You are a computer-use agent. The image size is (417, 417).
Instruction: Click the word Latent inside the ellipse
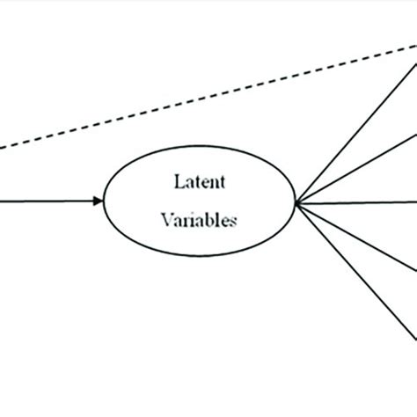click(x=199, y=182)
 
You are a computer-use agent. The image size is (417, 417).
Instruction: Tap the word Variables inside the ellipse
click(x=199, y=221)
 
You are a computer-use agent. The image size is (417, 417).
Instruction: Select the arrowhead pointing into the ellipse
click(x=98, y=201)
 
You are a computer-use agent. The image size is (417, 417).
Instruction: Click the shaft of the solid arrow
click(x=44, y=201)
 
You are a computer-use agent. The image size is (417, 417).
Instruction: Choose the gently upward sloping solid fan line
click(x=356, y=167)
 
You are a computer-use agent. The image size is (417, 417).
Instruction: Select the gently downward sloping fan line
click(x=356, y=237)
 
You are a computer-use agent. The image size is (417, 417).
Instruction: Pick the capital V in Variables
click(x=167, y=221)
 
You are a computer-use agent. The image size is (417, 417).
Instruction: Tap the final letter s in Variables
click(x=232, y=222)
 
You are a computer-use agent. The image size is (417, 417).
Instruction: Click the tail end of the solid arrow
click(x=2, y=201)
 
